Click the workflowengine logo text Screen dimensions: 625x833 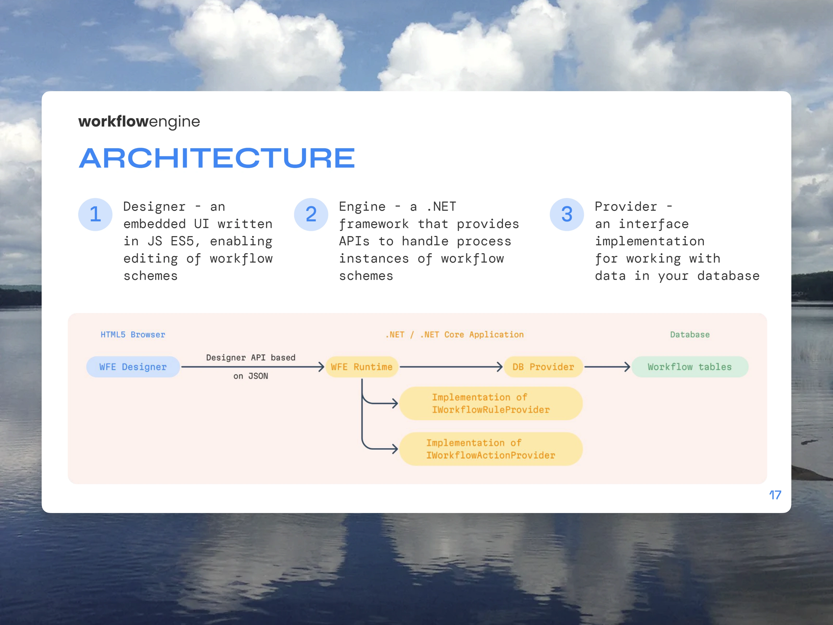139,121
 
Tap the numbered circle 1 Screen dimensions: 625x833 95,214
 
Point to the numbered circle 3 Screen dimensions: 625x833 566,214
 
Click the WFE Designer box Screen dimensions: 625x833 133,367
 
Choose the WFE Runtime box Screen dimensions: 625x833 362,367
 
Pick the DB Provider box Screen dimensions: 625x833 543,367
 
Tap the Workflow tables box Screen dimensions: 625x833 690,367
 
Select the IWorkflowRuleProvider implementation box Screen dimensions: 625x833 491,403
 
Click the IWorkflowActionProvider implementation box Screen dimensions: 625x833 491,449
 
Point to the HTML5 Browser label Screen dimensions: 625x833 133,335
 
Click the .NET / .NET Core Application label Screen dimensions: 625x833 455,335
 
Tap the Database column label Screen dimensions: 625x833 690,335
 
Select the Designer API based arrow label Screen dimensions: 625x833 251,358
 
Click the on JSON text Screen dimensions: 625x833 251,376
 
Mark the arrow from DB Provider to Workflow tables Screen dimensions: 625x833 607,367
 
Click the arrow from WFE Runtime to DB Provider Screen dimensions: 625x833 451,367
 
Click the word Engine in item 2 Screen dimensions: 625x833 362,207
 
